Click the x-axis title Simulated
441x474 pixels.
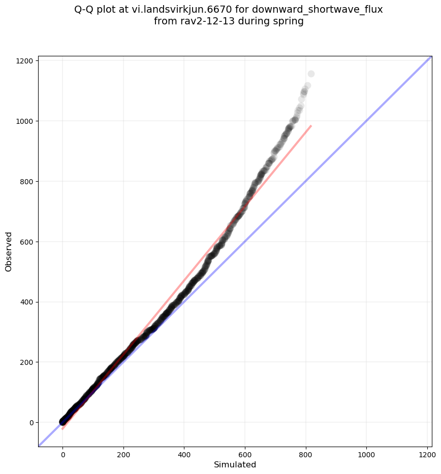tap(235, 464)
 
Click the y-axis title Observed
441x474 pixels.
tap(9, 251)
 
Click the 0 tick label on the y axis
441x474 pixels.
tap(31, 423)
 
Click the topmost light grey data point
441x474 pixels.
tap(311, 74)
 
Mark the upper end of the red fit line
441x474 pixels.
tap(310, 126)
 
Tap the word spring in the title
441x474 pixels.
tap(288, 22)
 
